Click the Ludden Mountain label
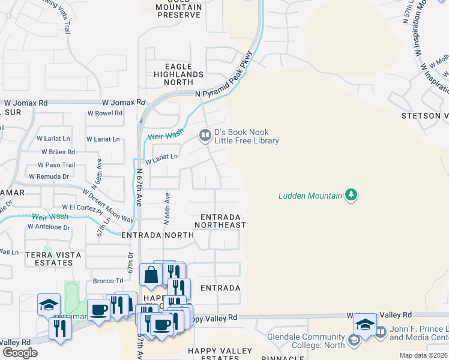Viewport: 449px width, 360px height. pyautogui.click(x=310, y=195)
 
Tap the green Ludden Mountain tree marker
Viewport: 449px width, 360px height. pyautogui.click(x=351, y=194)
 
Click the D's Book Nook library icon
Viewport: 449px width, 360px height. pyautogui.click(x=205, y=136)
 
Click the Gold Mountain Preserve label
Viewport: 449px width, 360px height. pyautogui.click(x=179, y=10)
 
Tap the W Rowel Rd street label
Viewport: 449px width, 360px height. pyautogui.click(x=105, y=113)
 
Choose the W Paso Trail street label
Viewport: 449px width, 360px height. pyautogui.click(x=56, y=165)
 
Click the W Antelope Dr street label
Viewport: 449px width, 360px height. pyautogui.click(x=49, y=227)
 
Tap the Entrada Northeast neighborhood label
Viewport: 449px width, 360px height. pyautogui.click(x=220, y=221)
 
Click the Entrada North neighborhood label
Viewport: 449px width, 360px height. pyautogui.click(x=157, y=236)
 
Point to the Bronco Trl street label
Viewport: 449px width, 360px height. pyautogui.click(x=107, y=280)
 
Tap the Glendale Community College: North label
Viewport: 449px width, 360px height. pyautogui.click(x=306, y=341)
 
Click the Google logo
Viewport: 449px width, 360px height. pyautogui.click(x=20, y=353)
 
